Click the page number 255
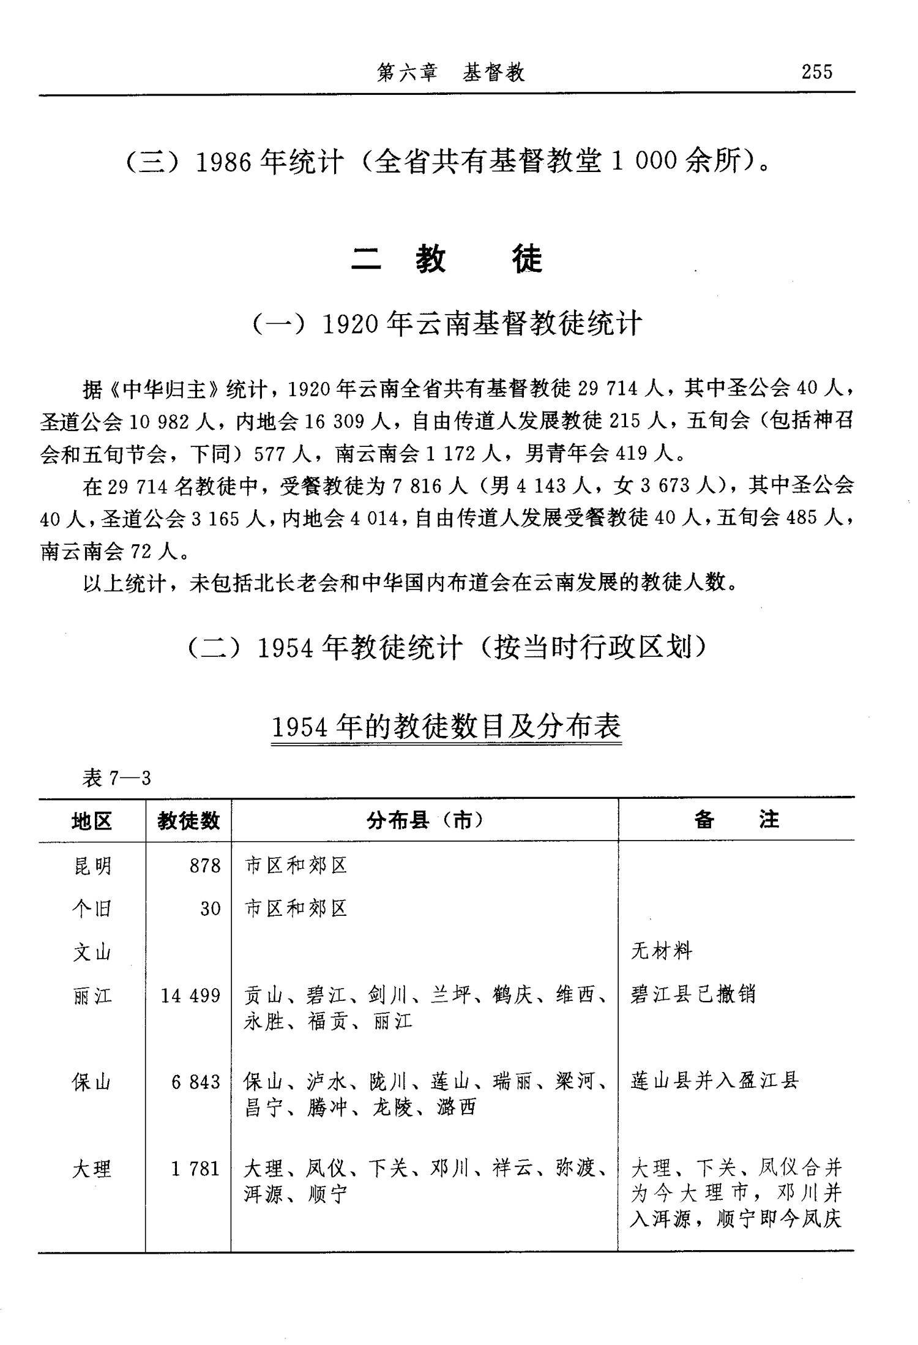(x=816, y=72)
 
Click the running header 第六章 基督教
(x=451, y=73)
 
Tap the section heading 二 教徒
(x=447, y=260)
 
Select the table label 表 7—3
(x=116, y=778)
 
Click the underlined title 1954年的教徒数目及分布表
(x=446, y=727)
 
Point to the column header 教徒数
(x=188, y=820)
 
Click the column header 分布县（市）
(x=425, y=820)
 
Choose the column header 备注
(x=736, y=820)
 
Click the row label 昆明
(x=92, y=866)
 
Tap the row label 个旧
(x=92, y=908)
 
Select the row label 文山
(x=92, y=952)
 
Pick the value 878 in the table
(x=204, y=866)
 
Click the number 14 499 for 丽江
(x=190, y=995)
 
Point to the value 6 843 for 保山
(x=195, y=1082)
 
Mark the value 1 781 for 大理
(x=195, y=1169)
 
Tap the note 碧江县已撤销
(x=693, y=994)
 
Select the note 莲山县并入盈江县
(x=715, y=1081)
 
